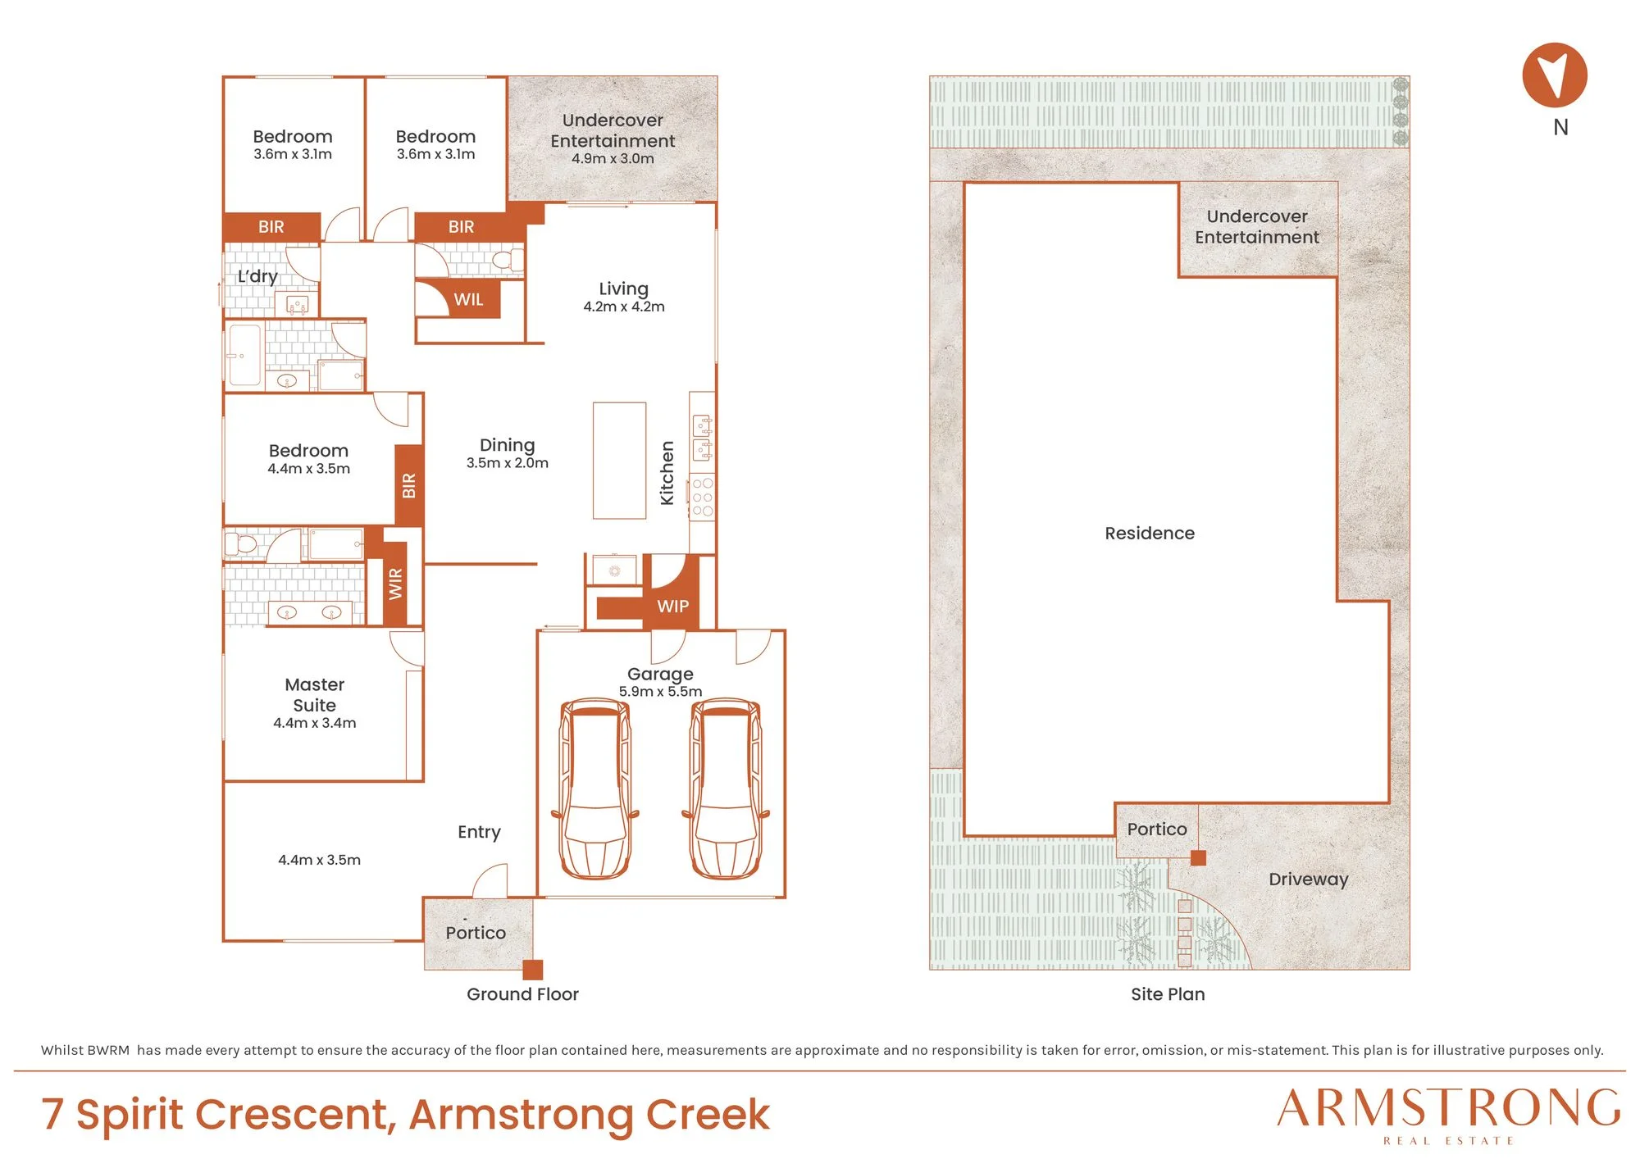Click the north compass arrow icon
[1555, 75]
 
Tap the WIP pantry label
[672, 607]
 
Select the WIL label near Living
[468, 300]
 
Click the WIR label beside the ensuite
[395, 584]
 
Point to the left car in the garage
[595, 789]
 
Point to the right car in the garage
[726, 789]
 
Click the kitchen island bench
[619, 460]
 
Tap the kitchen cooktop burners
[703, 497]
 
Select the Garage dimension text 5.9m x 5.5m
[660, 692]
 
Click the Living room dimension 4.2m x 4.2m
[624, 307]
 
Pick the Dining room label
[507, 445]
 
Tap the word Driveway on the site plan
[1308, 879]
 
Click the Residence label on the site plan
[1150, 533]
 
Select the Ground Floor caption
[522, 994]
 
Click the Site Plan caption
[1168, 994]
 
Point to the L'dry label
[257, 276]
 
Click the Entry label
[479, 832]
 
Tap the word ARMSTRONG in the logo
[1448, 1108]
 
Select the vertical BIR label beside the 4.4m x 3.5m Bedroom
[409, 485]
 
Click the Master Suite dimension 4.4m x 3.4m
[314, 723]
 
